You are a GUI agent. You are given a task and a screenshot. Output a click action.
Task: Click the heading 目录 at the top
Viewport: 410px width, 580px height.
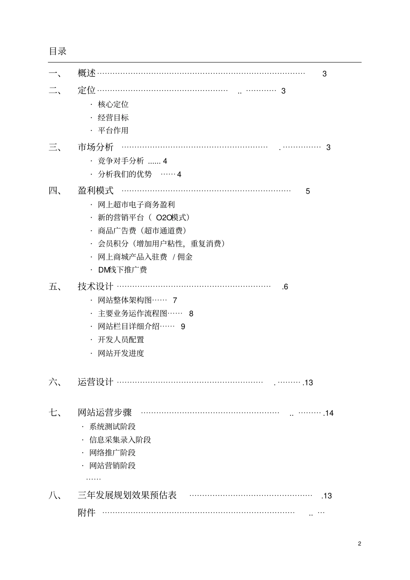pyautogui.click(x=57, y=51)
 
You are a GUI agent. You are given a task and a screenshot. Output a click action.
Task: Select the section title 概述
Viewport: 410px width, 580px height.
pyautogui.click(x=86, y=73)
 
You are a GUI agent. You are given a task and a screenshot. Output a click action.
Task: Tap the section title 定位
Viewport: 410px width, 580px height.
pyautogui.click(x=86, y=91)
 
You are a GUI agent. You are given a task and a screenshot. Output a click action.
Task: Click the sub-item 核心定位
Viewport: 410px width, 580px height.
pyautogui.click(x=113, y=104)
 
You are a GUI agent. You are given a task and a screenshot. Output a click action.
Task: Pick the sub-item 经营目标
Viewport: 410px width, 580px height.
pyautogui.click(x=113, y=118)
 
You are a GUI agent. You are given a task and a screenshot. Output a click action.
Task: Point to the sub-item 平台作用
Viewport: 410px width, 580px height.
pyautogui.click(x=113, y=131)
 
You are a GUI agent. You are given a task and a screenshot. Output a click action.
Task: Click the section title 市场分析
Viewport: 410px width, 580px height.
pyautogui.click(x=95, y=147)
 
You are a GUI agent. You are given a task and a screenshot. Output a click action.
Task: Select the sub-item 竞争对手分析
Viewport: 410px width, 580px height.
pyautogui.click(x=121, y=161)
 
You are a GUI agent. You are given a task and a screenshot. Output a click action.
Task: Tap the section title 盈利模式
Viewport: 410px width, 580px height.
pyautogui.click(x=95, y=191)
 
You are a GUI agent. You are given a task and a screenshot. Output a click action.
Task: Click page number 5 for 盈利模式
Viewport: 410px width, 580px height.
pyautogui.click(x=308, y=191)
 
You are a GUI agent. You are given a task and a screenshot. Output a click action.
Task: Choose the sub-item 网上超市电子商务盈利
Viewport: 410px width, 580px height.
pyautogui.click(x=136, y=205)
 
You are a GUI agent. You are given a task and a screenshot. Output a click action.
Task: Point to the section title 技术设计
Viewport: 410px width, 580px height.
pyautogui.click(x=95, y=286)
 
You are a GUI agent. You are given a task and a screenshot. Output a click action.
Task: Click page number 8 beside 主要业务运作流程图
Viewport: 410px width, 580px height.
pyautogui.click(x=191, y=314)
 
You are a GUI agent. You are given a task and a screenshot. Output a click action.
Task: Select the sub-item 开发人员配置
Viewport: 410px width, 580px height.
pyautogui.click(x=121, y=340)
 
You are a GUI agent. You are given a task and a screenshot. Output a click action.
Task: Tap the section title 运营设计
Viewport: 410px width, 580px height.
pyautogui.click(x=95, y=382)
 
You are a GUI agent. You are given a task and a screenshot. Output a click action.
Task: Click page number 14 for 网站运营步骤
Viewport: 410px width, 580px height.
pyautogui.click(x=329, y=413)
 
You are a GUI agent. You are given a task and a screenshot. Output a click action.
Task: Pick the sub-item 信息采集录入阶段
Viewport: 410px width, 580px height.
pyautogui.click(x=120, y=440)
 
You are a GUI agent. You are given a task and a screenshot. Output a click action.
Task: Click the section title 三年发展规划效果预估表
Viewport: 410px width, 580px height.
pyautogui.click(x=127, y=495)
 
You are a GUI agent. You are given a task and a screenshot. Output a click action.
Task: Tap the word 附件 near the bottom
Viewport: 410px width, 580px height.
pyautogui.click(x=86, y=513)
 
